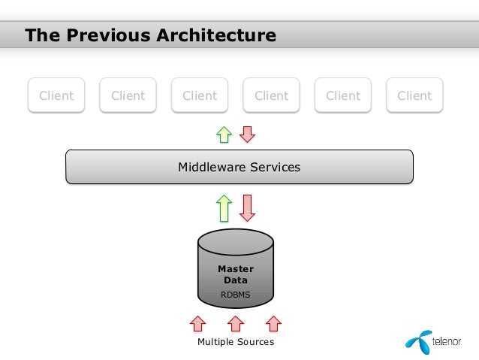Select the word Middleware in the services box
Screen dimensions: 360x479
pos(212,167)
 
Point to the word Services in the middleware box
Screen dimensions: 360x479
pos(274,167)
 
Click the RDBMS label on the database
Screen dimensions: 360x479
pos(235,295)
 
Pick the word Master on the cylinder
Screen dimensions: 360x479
pos(236,268)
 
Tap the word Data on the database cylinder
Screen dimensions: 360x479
pos(236,280)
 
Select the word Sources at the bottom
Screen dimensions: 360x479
pos(258,342)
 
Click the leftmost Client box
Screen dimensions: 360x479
pos(56,95)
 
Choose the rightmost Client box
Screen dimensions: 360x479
pos(414,95)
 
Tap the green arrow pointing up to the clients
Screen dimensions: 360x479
pos(224,134)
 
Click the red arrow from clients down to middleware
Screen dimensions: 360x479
pos(247,134)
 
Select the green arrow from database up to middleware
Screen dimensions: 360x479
pos(224,207)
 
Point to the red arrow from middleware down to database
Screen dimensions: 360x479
pos(247,207)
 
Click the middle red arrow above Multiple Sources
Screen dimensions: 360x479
pos(236,323)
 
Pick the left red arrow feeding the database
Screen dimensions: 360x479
pos(197,323)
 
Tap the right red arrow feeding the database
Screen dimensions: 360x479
pos(273,323)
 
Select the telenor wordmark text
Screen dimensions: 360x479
pos(449,342)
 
